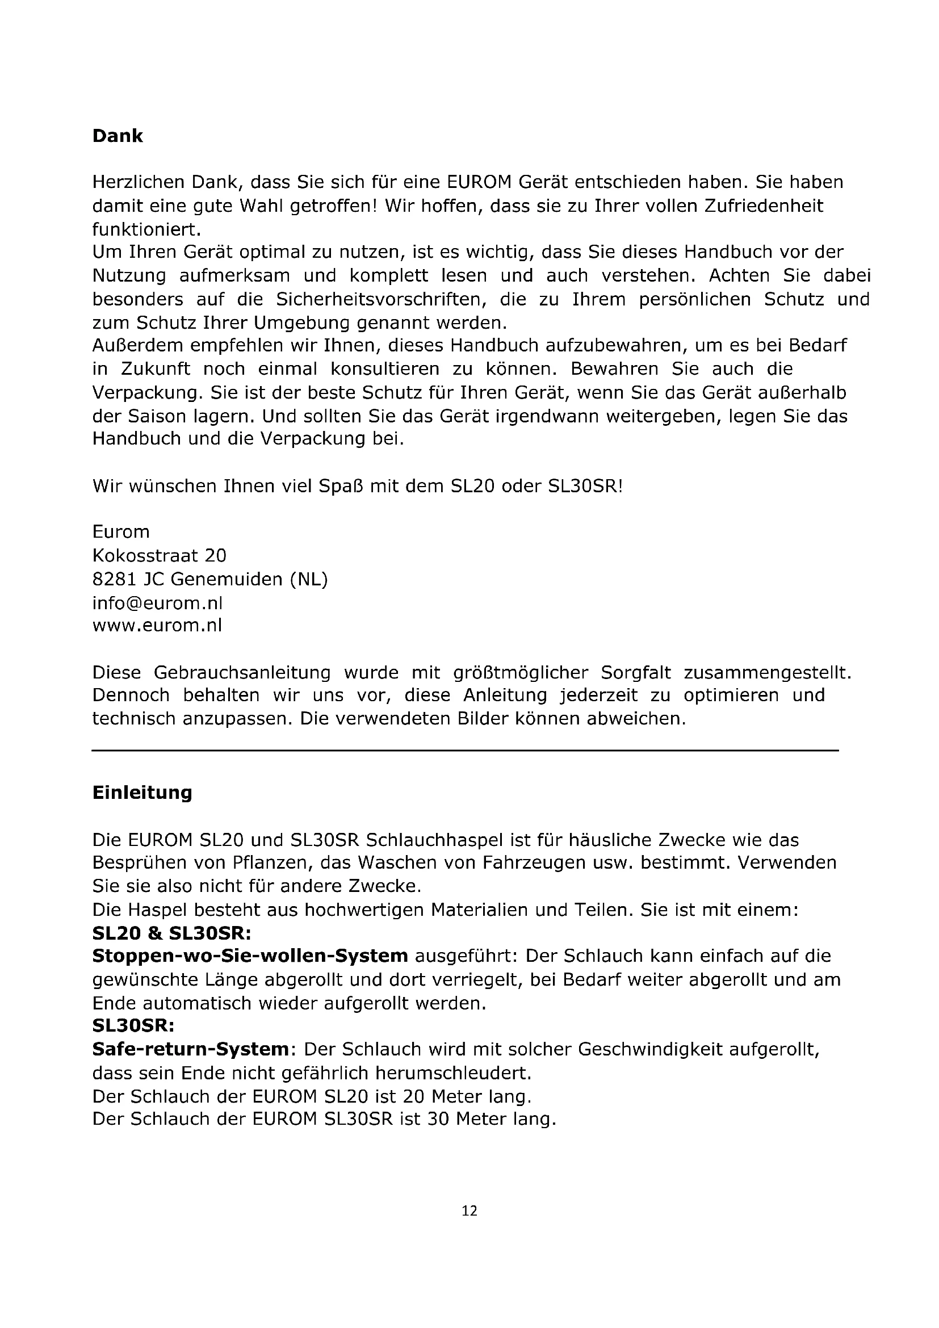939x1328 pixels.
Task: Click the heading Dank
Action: point(118,136)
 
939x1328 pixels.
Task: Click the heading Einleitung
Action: point(142,792)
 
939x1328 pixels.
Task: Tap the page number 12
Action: point(469,1210)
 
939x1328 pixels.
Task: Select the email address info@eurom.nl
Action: point(157,603)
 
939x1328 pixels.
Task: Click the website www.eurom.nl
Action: point(157,625)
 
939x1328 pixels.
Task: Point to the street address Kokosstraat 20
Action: point(159,555)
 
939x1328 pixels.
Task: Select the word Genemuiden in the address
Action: point(227,579)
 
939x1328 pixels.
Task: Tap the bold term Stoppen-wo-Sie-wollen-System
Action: point(250,956)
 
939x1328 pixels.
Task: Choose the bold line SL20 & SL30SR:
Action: point(171,933)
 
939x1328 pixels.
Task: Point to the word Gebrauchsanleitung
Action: point(242,672)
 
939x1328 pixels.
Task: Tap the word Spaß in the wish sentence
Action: point(341,485)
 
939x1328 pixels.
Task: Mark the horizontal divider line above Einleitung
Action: point(465,750)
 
